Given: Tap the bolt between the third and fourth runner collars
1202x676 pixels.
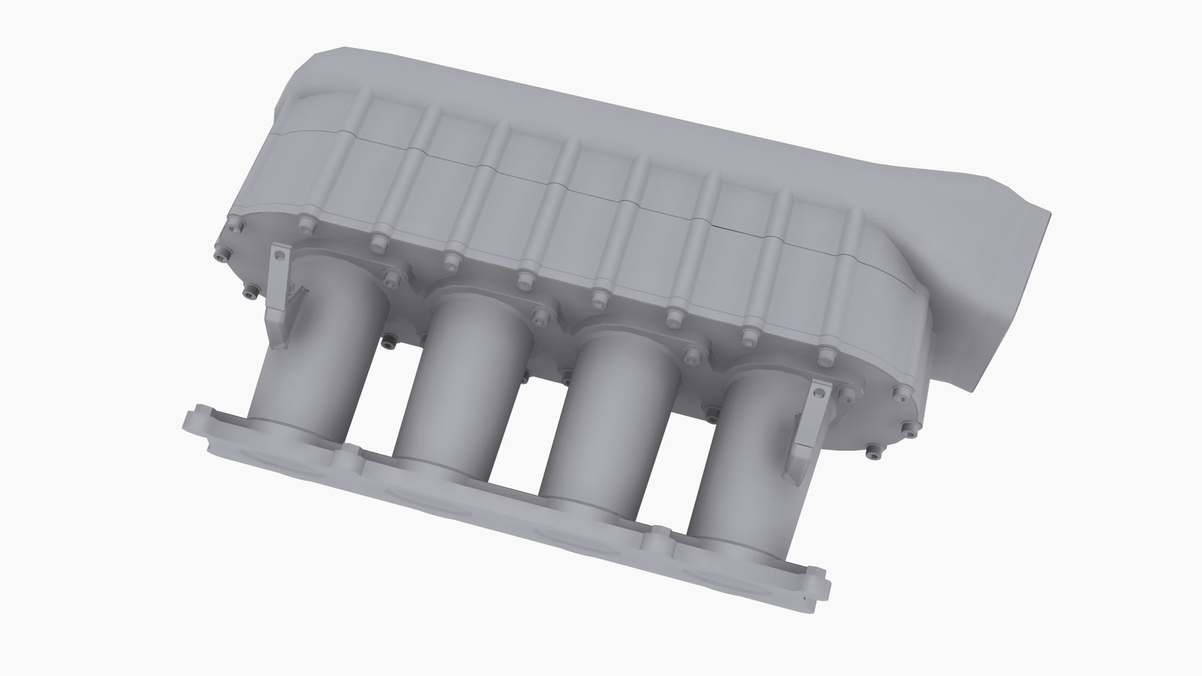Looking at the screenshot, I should click(691, 355).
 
